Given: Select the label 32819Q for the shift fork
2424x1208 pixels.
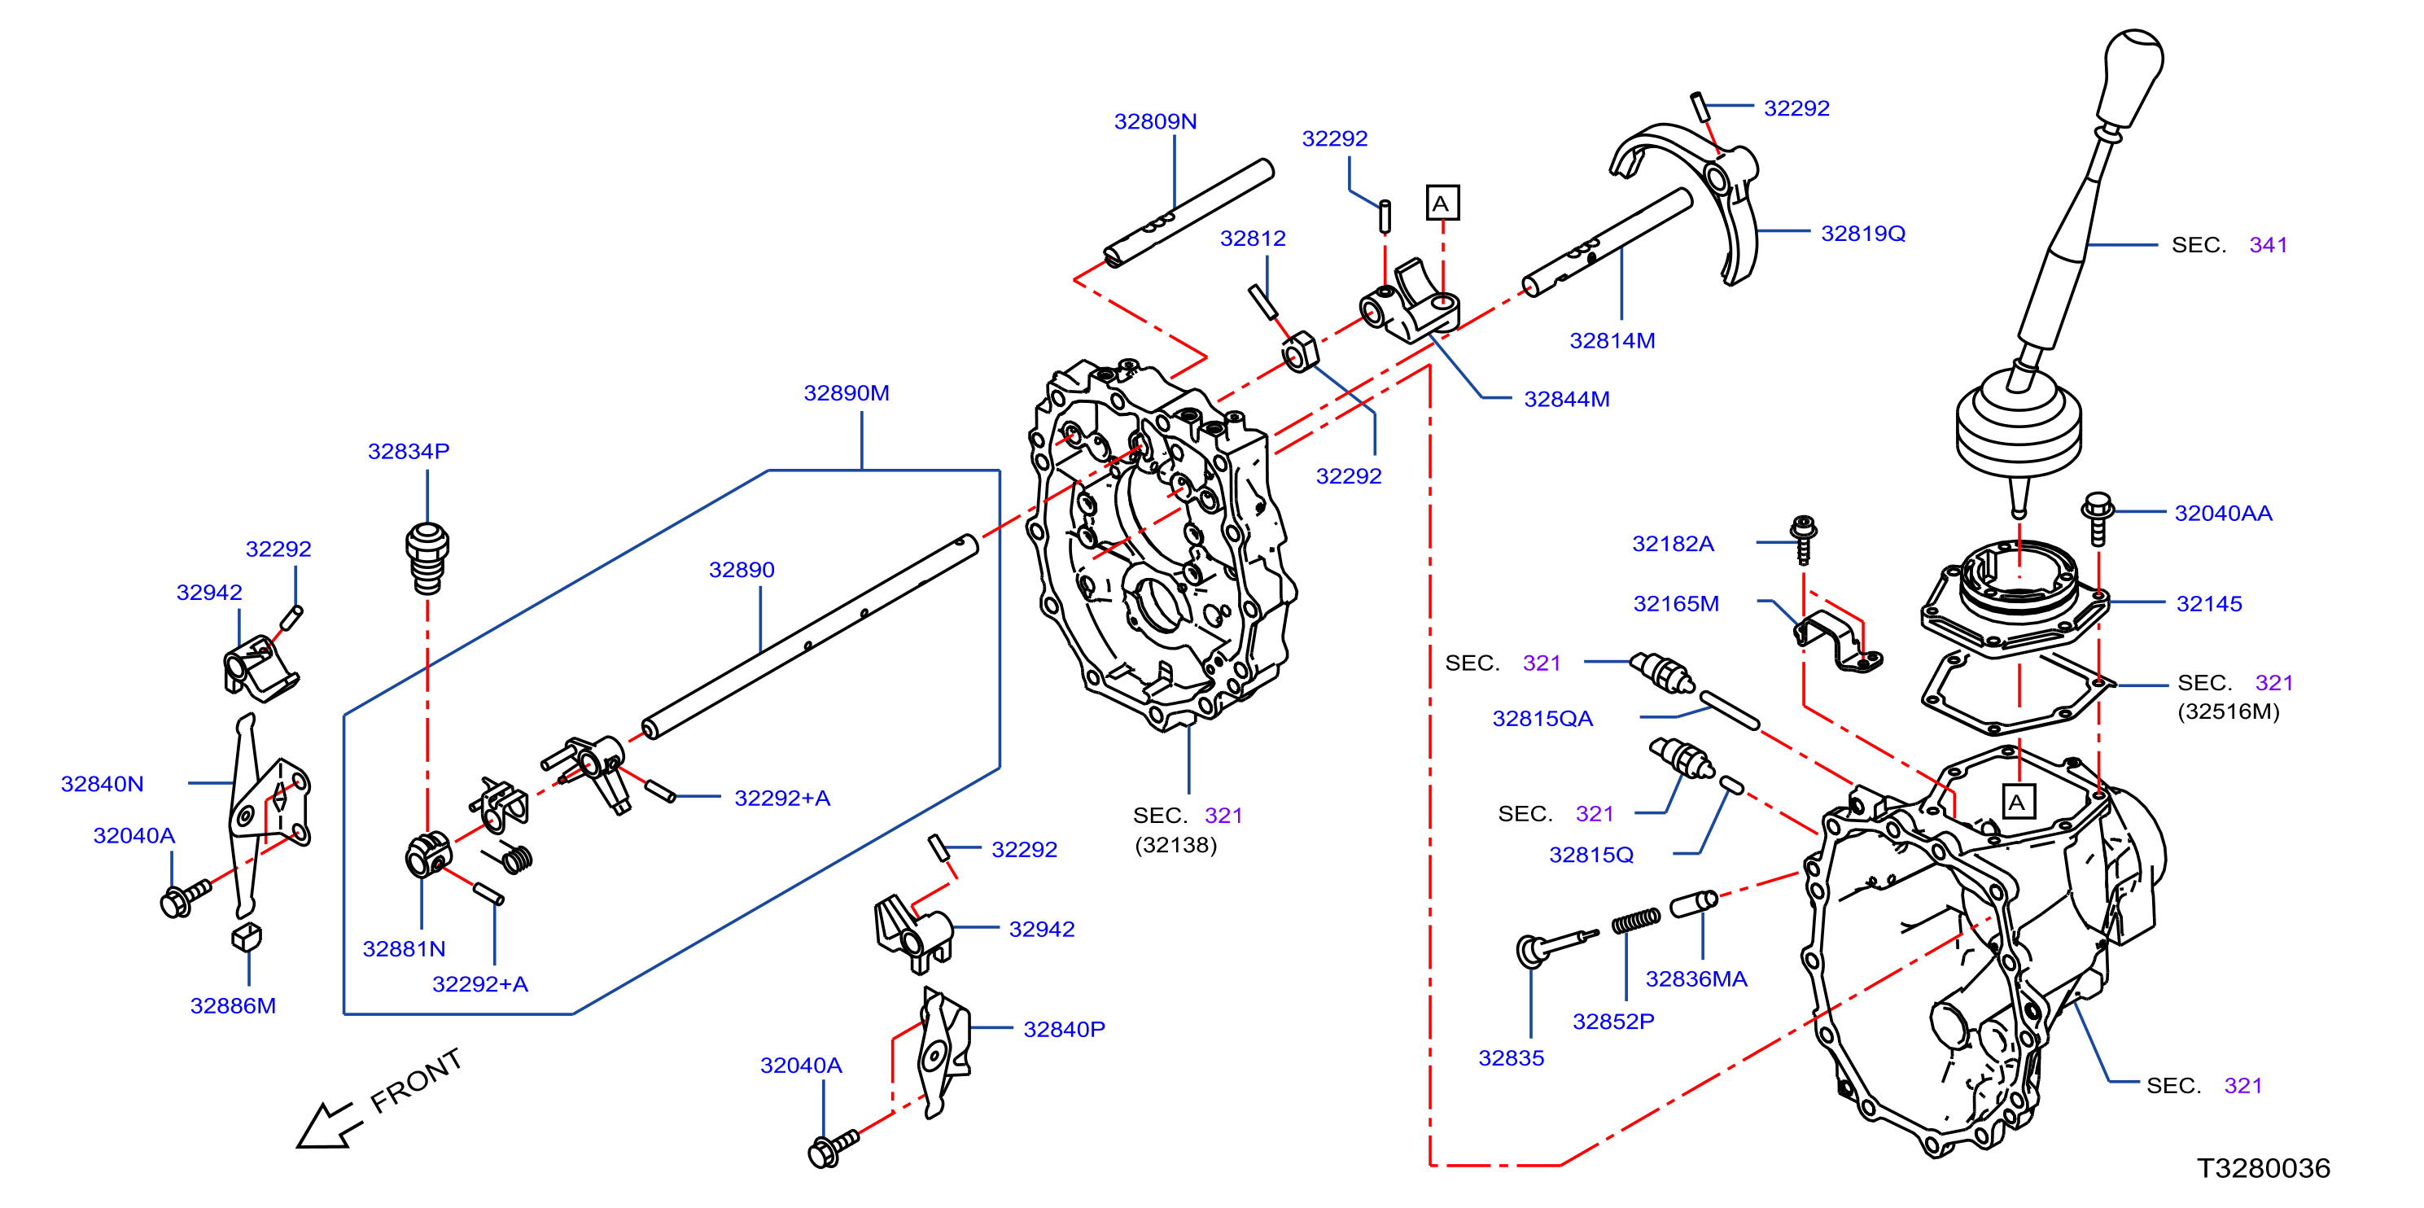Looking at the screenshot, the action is coord(1862,234).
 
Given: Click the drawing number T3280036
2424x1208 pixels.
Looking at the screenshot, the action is coord(2263,1168).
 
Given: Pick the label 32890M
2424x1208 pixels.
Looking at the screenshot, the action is coord(846,393).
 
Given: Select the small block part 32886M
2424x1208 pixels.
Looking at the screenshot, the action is coord(247,937).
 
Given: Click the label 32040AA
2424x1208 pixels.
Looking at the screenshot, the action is coord(2223,514).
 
